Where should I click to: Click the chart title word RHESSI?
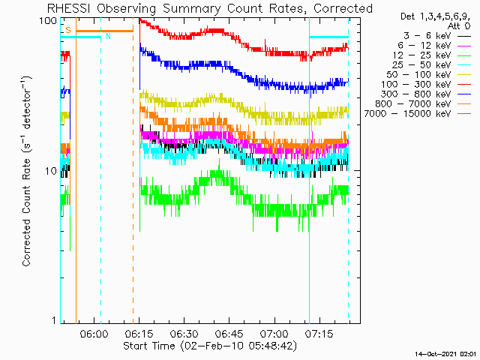[x=69, y=8]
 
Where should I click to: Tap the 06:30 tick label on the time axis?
[x=184, y=333]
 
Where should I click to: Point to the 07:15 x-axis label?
[x=319, y=333]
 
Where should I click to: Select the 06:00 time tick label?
[x=94, y=333]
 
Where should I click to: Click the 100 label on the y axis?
[x=48, y=21]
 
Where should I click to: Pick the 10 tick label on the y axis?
[x=51, y=171]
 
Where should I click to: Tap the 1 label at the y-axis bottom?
[x=54, y=320]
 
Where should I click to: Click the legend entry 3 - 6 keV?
[x=427, y=36]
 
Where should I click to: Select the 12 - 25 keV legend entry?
[x=421, y=55]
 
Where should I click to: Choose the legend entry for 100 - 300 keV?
[x=416, y=85]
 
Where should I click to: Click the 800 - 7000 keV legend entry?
[x=413, y=104]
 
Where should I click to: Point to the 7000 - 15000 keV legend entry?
[x=408, y=114]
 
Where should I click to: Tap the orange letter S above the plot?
[x=68, y=30]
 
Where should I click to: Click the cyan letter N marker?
[x=108, y=36]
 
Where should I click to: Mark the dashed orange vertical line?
[x=133, y=170]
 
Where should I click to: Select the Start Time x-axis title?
[x=210, y=346]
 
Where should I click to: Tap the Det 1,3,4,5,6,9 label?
[x=435, y=16]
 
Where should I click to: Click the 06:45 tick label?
[x=229, y=333]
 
